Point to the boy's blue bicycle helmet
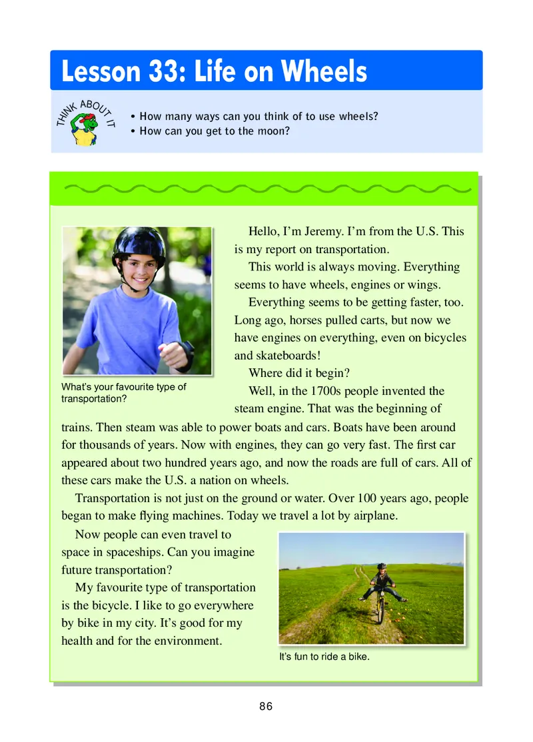(x=139, y=244)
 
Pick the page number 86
(x=266, y=707)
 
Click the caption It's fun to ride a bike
(x=324, y=657)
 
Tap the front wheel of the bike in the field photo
(x=380, y=613)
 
